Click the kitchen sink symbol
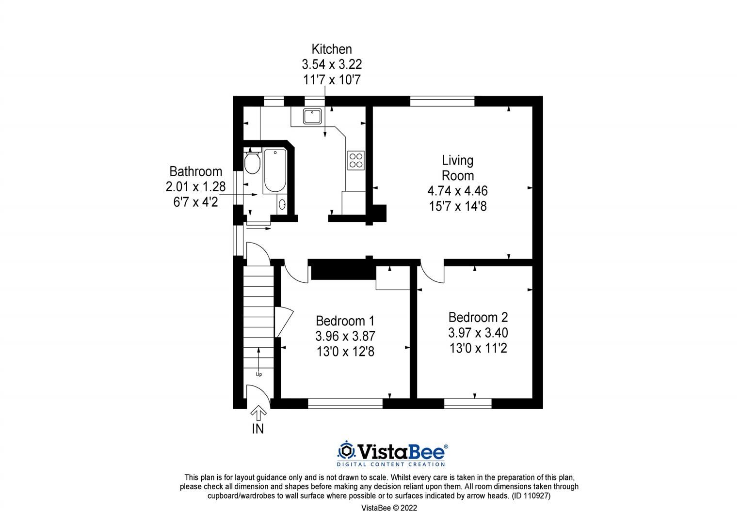310,116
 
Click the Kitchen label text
332,49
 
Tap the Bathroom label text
195,171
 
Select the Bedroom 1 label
345,321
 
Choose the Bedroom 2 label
478,317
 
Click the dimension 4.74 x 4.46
458,190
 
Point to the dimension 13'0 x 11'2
478,348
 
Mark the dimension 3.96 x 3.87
345,336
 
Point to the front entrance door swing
258,393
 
